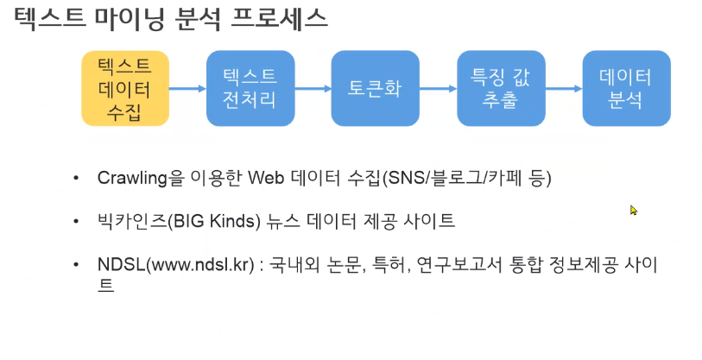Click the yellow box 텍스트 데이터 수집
click(125, 89)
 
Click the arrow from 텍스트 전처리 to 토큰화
click(312, 87)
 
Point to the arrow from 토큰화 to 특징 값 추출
click(437, 87)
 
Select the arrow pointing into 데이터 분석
click(563, 87)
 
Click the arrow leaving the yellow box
click(187, 87)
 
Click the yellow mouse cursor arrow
click(633, 210)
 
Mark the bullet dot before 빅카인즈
click(79, 222)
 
